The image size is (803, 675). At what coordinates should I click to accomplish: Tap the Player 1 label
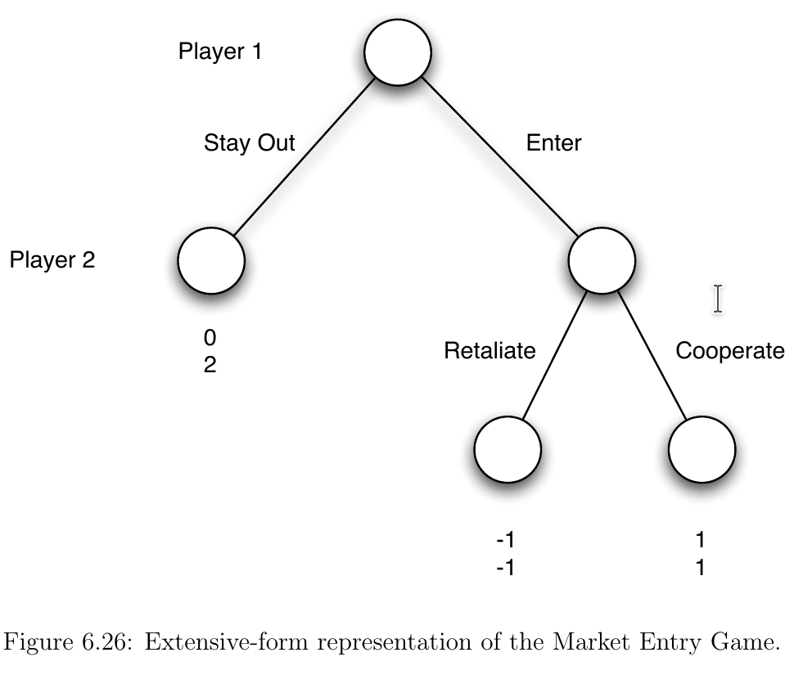(x=220, y=52)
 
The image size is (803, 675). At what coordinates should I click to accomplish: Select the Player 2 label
(x=52, y=260)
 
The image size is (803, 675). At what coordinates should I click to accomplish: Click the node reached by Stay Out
(x=211, y=261)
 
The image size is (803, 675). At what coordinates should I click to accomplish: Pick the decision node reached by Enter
(x=602, y=260)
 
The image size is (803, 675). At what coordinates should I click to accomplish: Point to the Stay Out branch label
(x=249, y=143)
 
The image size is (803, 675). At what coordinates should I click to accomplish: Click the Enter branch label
(x=553, y=142)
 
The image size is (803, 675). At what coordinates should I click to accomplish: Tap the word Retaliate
(x=489, y=351)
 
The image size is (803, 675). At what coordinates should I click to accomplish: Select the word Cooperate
(x=729, y=351)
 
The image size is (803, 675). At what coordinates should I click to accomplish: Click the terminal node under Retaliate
(x=508, y=448)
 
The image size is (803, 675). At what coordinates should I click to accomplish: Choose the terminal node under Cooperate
(x=701, y=448)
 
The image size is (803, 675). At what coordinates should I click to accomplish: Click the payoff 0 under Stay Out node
(x=210, y=337)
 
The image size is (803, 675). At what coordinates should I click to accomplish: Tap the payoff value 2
(x=210, y=365)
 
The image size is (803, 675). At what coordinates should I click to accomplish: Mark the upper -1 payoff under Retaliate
(x=505, y=540)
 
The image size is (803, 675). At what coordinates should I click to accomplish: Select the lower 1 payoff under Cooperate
(x=701, y=567)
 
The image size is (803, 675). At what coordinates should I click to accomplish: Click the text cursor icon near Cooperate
(x=718, y=299)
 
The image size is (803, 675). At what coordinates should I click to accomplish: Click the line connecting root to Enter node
(x=499, y=157)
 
